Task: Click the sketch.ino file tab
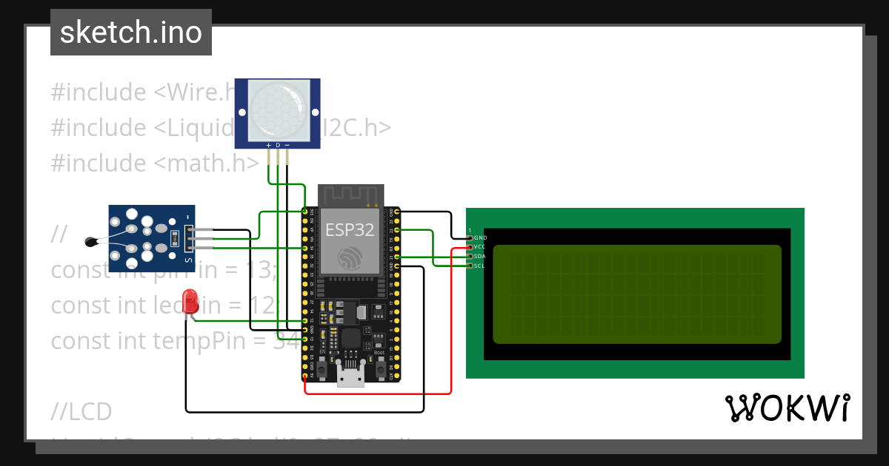click(x=131, y=33)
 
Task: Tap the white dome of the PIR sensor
click(x=278, y=111)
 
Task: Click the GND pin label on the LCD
click(x=480, y=237)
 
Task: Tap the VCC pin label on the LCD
click(x=480, y=246)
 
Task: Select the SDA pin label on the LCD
click(x=480, y=256)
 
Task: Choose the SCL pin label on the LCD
click(x=480, y=266)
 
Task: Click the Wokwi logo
click(x=788, y=408)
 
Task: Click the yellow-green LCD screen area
click(x=637, y=294)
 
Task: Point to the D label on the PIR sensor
click(x=278, y=146)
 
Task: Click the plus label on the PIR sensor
click(x=268, y=146)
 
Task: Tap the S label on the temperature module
click(x=188, y=260)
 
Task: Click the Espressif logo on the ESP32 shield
click(x=350, y=257)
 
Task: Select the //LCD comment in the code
click(x=81, y=411)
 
